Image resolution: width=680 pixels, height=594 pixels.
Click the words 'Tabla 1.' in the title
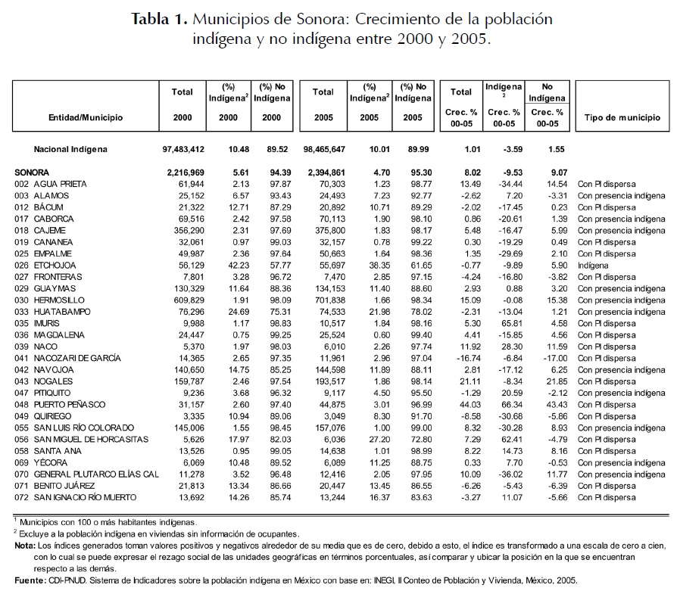click(158, 19)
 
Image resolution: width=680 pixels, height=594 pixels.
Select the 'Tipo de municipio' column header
click(622, 117)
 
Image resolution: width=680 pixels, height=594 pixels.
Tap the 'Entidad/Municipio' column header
click(86, 117)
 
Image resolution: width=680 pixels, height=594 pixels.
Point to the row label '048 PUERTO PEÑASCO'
click(65, 404)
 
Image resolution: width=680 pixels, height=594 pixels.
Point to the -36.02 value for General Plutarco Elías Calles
click(501, 474)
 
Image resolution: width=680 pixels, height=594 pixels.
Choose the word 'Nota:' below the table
click(26, 545)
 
